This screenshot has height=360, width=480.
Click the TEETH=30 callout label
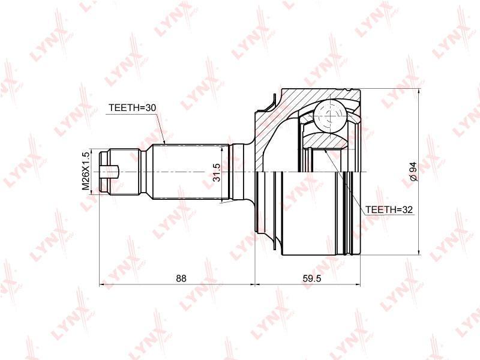click(x=133, y=108)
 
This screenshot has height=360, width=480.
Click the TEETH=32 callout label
click(x=389, y=209)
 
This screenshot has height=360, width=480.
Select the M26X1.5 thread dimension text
click(x=86, y=170)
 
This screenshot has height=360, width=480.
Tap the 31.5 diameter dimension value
click(x=217, y=172)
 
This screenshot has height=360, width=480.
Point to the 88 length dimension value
click(x=181, y=278)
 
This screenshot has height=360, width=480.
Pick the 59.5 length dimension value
click(x=312, y=278)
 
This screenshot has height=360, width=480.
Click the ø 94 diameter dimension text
click(x=413, y=172)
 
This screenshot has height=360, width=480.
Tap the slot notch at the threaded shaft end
click(x=109, y=172)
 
